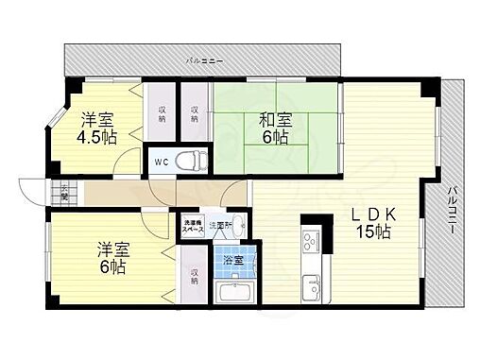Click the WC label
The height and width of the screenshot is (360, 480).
click(161, 161)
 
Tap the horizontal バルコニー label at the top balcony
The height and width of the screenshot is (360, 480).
click(205, 60)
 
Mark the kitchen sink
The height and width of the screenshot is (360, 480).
click(313, 283)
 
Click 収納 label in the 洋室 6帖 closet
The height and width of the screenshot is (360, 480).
click(194, 277)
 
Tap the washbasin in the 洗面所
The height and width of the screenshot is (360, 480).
click(240, 225)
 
